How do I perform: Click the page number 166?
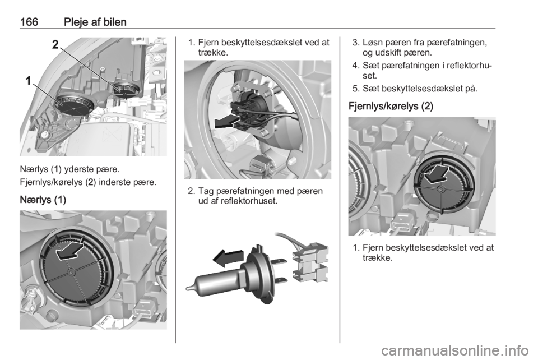(x=29, y=22)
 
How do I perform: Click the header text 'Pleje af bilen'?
(x=95, y=22)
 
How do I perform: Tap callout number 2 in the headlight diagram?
(x=55, y=45)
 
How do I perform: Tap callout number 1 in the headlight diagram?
(x=28, y=81)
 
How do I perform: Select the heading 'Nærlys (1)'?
(x=43, y=200)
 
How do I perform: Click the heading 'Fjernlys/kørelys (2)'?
(x=391, y=107)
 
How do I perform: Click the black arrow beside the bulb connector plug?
(x=226, y=122)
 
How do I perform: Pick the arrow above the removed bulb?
(x=228, y=258)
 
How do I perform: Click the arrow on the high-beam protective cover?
(x=435, y=174)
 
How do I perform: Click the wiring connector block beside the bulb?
(x=309, y=263)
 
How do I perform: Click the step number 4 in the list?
(x=355, y=65)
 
